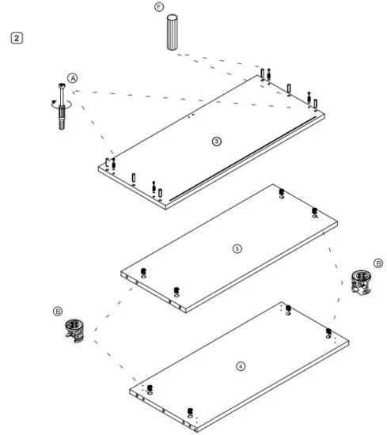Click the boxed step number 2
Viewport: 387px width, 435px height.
point(17,37)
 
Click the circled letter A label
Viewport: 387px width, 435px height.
point(72,79)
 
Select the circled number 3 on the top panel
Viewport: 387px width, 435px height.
point(216,141)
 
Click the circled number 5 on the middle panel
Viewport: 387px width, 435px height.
point(236,248)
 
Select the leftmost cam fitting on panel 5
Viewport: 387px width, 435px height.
point(142,274)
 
